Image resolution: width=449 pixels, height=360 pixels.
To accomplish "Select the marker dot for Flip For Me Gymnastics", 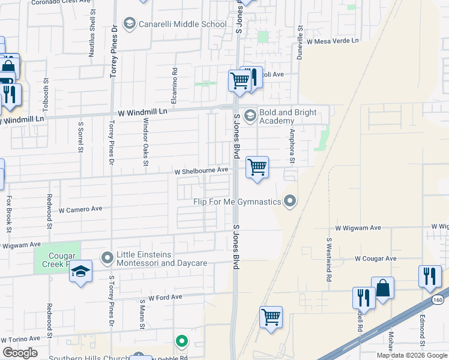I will (x=291, y=201).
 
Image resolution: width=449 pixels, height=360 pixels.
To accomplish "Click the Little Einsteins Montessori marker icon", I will (x=108, y=259).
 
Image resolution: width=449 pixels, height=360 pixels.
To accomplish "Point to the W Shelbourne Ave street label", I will (x=201, y=170).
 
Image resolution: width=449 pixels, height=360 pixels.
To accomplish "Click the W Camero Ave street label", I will (x=80, y=209).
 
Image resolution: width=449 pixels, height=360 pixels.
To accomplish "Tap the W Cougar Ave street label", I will (x=376, y=259).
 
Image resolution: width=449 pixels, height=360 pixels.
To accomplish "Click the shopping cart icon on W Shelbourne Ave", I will (x=257, y=167).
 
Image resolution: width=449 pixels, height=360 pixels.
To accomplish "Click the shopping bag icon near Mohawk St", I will (x=382, y=288).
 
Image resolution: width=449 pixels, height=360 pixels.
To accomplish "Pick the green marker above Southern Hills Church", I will (x=182, y=342).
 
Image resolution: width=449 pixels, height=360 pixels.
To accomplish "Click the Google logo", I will (x=19, y=353).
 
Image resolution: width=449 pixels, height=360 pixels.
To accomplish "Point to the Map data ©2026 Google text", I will (x=412, y=355).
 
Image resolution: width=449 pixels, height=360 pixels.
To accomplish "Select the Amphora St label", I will (x=292, y=146).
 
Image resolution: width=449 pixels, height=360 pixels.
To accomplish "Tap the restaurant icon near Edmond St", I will (x=429, y=277).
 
